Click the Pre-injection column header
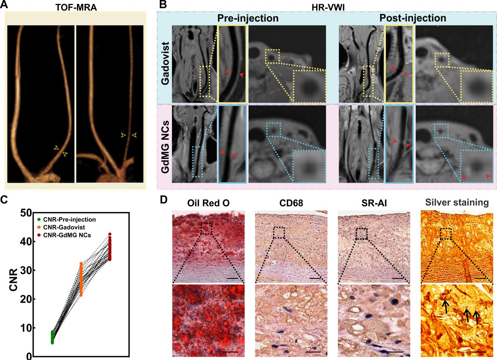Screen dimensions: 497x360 click(x=247, y=18)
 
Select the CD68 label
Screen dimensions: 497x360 click(x=291, y=203)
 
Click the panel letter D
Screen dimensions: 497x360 click(x=164, y=200)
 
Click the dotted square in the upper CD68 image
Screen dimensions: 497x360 click(x=279, y=233)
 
